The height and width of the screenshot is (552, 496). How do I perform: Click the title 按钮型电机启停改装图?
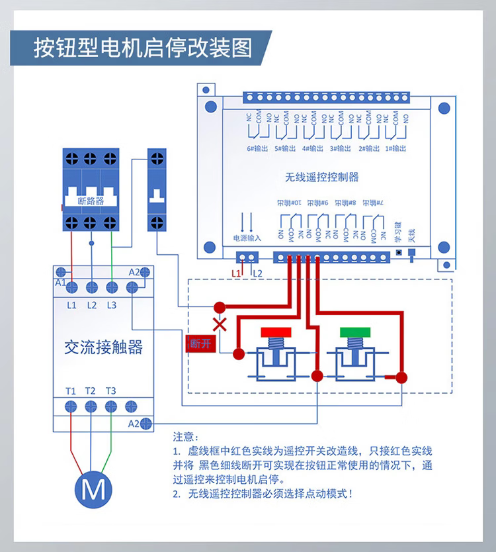coord(142,48)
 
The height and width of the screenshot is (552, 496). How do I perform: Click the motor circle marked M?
coord(93,490)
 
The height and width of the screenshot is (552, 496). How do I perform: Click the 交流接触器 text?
coord(103,347)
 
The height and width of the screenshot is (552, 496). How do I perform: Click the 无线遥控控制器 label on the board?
coord(322,177)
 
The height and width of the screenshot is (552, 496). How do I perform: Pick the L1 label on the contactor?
coord(71,305)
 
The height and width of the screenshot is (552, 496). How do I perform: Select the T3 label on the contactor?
coord(110,391)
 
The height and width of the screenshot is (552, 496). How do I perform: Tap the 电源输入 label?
coord(247,237)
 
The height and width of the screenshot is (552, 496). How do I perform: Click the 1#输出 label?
coord(397,149)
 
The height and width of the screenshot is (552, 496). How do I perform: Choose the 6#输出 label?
coord(257,149)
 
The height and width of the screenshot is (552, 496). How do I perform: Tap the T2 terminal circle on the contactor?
coord(91,406)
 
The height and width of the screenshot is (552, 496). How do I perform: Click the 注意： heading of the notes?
coord(185,437)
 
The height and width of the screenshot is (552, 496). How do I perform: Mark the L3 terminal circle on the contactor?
coord(112,287)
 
